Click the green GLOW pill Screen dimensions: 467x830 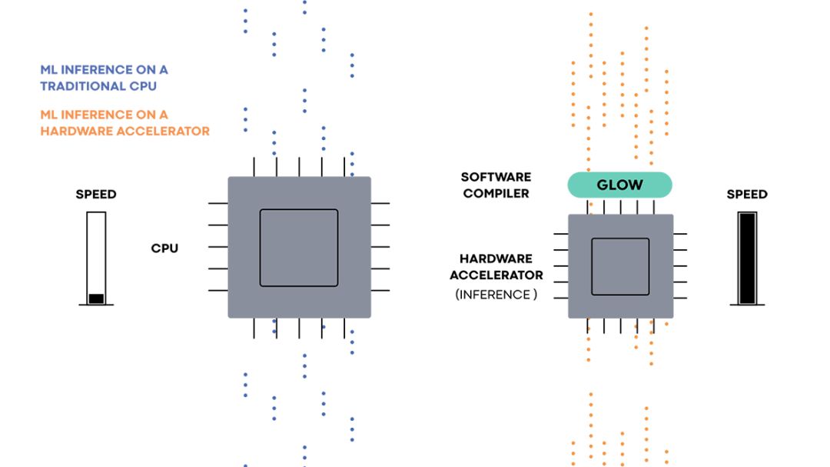tap(619, 185)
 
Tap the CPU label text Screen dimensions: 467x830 tap(164, 249)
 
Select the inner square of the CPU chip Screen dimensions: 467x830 tap(299, 248)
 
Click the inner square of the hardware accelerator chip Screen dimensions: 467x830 tap(620, 266)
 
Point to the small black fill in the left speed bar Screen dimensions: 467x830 tap(96, 299)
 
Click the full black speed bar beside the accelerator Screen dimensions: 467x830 tap(746, 258)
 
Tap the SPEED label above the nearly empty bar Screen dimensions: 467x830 tap(96, 194)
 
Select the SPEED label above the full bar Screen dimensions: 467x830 tap(747, 195)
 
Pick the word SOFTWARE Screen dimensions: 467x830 tap(496, 178)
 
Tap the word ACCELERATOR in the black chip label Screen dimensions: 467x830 tap(496, 275)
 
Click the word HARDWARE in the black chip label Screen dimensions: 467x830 tap(496, 259)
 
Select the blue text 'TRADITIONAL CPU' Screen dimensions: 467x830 tap(104, 86)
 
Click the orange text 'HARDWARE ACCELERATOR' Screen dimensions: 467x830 tap(124, 131)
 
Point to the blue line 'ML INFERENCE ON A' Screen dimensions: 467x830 tap(104, 69)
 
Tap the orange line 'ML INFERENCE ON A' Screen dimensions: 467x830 tap(104, 115)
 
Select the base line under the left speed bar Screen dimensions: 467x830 tap(96, 305)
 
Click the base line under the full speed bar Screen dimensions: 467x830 tap(746, 305)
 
